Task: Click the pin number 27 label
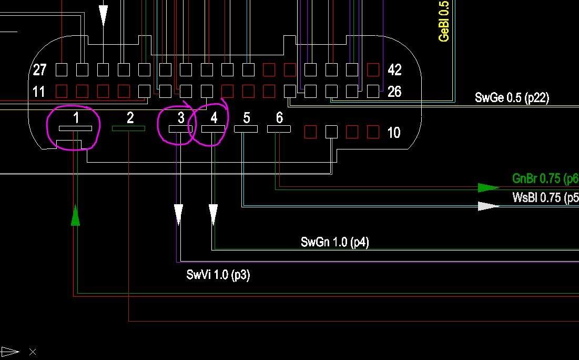(40, 69)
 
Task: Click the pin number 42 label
(394, 69)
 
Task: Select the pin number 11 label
(39, 92)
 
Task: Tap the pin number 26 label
(394, 92)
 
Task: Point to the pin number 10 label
(394, 132)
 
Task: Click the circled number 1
(76, 117)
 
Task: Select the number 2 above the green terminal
(130, 117)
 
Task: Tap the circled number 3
(181, 117)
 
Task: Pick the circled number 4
(214, 117)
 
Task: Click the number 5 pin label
(247, 117)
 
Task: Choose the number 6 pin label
(279, 117)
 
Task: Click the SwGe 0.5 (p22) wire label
(512, 97)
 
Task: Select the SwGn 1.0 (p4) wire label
(334, 242)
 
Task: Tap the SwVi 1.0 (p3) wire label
(218, 275)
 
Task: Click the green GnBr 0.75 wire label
(545, 178)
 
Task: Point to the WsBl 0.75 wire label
(545, 198)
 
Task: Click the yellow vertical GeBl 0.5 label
(444, 21)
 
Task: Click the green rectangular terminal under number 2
(128, 128)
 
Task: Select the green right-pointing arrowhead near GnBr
(489, 187)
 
